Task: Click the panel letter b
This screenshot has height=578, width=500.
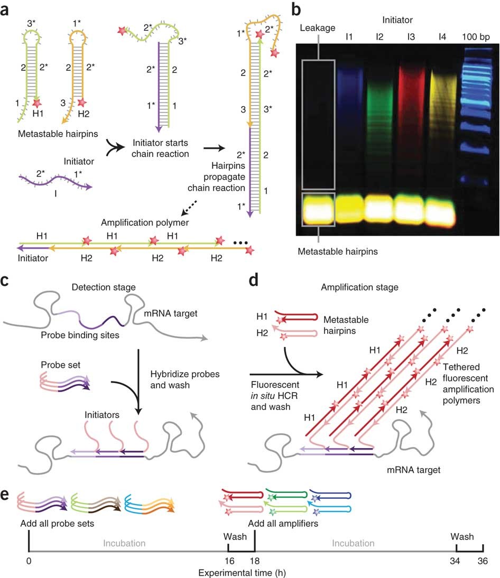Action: [297, 9]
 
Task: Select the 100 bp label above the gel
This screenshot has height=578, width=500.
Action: [475, 38]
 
